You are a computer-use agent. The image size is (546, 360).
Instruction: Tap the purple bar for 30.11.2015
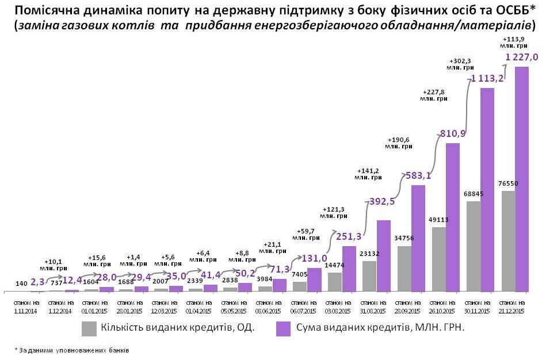click(487, 189)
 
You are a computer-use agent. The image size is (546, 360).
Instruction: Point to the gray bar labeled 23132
click(369, 276)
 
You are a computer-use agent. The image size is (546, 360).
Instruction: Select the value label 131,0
click(309, 258)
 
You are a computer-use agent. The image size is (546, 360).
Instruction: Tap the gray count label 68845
click(473, 194)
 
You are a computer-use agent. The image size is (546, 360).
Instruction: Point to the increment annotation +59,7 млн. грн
click(306, 233)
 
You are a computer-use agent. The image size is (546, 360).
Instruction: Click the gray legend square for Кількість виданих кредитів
click(89, 328)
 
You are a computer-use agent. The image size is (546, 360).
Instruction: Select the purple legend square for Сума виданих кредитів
click(283, 328)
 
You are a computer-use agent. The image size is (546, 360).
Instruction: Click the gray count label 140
click(22, 284)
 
